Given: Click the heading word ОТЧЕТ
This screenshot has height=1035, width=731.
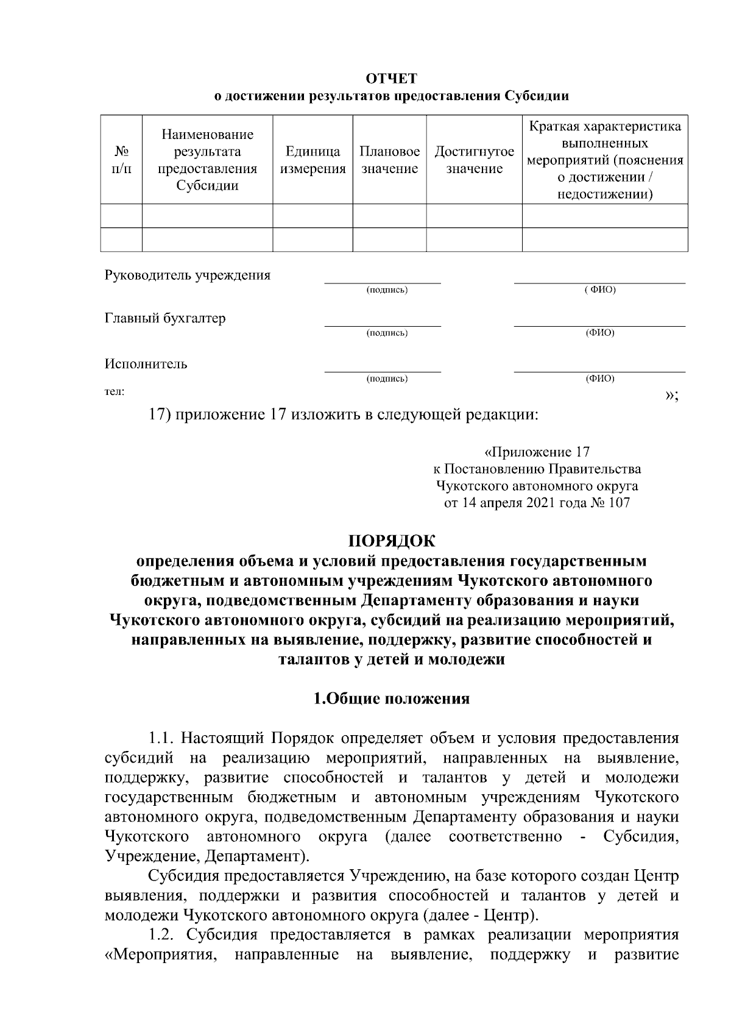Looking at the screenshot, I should point(392,79).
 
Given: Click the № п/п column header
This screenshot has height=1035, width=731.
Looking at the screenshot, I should point(120,159).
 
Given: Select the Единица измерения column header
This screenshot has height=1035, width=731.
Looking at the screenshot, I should point(313,160).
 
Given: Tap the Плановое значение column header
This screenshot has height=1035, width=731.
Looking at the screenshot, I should point(389,160).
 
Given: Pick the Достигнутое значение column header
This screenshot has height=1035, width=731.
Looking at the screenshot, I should point(474,160).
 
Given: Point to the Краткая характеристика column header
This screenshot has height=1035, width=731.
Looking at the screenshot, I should point(605,160).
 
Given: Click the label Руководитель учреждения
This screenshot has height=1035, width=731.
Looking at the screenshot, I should point(188,274).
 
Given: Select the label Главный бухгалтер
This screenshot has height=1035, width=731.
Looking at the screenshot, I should point(165,318).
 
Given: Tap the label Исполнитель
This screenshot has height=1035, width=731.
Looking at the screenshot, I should point(146,364).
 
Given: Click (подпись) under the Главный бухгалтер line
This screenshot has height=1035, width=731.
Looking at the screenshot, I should point(387,333).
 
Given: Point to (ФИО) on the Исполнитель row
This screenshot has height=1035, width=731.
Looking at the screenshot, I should point(599,379).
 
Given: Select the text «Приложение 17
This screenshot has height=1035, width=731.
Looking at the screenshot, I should point(537,452).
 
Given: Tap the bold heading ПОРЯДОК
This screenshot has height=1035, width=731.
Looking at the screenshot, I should point(392,541).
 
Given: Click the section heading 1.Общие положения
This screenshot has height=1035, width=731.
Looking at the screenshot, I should point(392,699).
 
